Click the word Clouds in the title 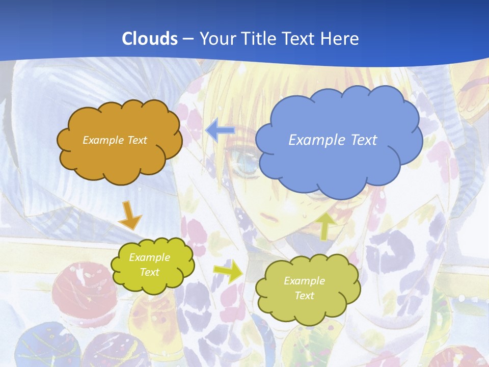pos(150,38)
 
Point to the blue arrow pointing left pos(220,130)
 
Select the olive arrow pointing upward pos(326,225)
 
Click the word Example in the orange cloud pos(101,140)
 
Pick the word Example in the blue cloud pos(313,140)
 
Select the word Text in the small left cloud pos(150,272)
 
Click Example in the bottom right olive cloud pos(304,281)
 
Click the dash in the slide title pos(188,39)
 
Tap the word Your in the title pos(216,38)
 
